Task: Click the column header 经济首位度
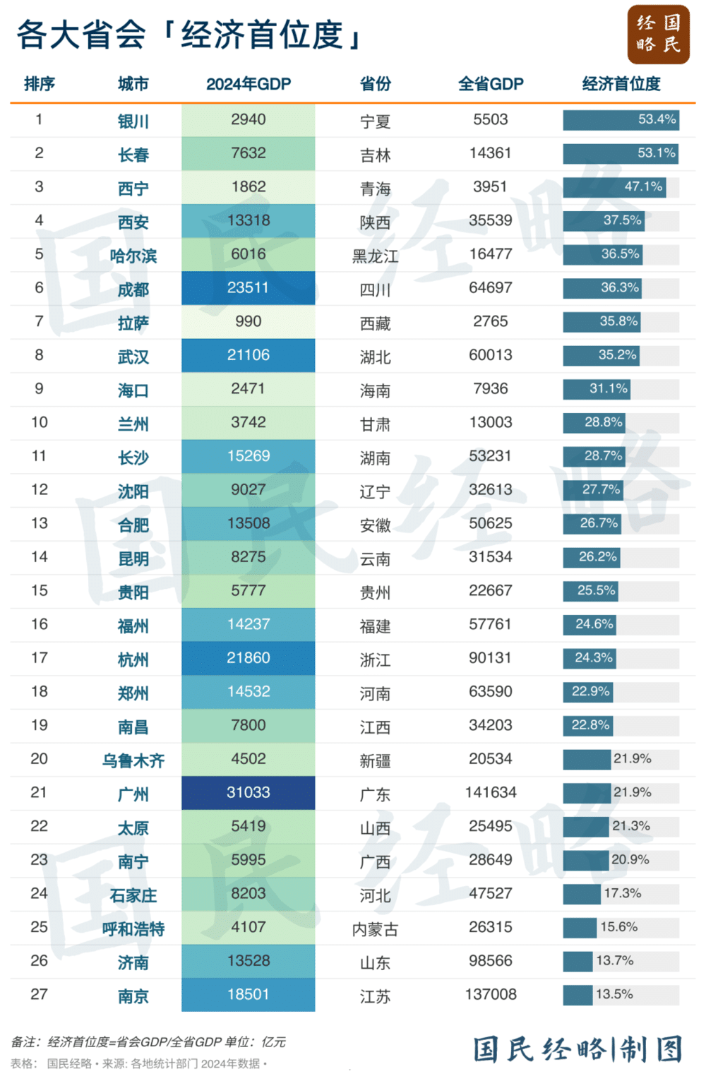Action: point(621,84)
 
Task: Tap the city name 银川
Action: point(133,121)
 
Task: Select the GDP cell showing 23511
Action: point(248,288)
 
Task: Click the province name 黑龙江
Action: point(375,256)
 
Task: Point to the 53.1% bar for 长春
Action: point(620,153)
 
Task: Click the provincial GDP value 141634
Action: point(490,793)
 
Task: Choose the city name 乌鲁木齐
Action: point(133,760)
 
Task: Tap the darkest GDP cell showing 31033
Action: point(248,793)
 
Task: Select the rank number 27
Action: point(39,995)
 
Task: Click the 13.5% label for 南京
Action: point(614,995)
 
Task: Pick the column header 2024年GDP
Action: point(248,84)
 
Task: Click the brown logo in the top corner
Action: point(658,35)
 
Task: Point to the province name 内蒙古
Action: point(375,929)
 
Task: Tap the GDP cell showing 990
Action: point(248,322)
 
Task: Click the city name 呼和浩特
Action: point(133,929)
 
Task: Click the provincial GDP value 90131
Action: point(490,658)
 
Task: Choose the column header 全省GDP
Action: point(490,84)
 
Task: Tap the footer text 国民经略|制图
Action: point(578,1049)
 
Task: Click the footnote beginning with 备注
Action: point(148,1042)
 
